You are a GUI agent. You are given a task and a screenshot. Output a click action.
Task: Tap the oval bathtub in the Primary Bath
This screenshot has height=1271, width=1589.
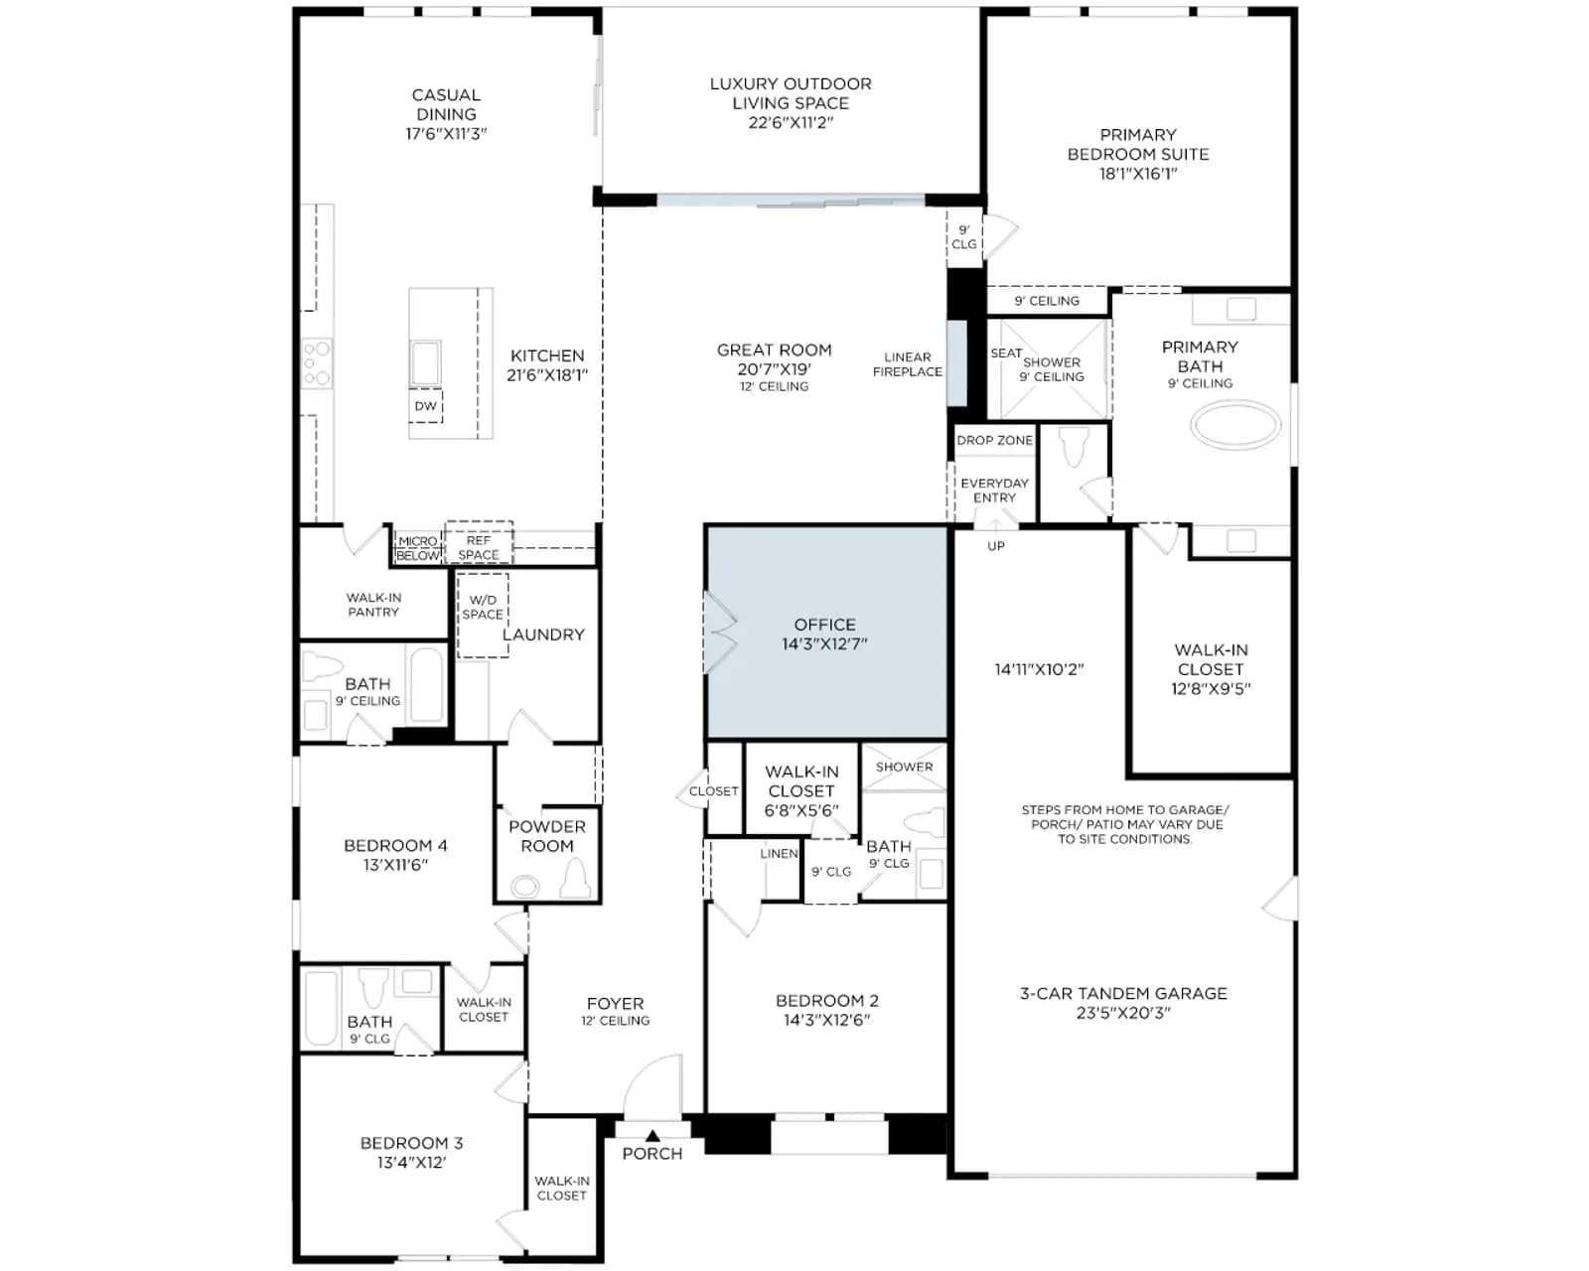(1235, 425)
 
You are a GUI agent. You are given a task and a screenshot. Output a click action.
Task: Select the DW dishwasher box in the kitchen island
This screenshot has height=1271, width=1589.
(425, 405)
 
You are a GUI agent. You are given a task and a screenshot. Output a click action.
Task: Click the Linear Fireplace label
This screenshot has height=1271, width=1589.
(908, 364)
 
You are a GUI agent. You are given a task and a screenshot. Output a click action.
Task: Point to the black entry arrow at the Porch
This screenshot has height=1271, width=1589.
(652, 1135)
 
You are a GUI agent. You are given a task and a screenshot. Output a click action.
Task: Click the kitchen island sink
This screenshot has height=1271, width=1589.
(425, 362)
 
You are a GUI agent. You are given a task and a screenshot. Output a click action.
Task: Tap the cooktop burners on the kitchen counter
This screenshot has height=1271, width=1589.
(317, 363)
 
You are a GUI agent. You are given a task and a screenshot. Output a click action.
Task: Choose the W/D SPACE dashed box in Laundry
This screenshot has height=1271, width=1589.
(483, 616)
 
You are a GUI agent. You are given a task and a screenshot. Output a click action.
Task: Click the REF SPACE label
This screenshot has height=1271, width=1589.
(479, 547)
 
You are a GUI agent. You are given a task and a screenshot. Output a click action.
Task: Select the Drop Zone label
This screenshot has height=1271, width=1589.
(994, 440)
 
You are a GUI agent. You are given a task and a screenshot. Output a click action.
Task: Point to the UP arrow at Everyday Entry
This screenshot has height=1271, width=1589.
(995, 525)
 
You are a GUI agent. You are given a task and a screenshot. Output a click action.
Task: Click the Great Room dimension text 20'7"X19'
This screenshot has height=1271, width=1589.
(775, 368)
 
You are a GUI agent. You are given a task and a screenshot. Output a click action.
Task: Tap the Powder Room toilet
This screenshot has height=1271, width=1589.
(576, 880)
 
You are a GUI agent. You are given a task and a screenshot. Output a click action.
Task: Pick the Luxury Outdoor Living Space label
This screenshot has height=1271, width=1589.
(791, 102)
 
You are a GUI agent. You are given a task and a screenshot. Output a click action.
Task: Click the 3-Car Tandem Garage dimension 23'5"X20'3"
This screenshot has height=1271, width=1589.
(1123, 1013)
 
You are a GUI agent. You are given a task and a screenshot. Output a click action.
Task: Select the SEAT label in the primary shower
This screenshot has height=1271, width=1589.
(1006, 353)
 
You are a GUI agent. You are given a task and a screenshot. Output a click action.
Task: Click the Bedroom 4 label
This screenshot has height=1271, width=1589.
(396, 845)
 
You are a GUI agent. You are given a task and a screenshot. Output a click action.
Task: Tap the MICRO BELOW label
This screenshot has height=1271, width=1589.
(418, 548)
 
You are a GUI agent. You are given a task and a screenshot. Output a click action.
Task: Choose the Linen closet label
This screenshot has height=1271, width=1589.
(779, 853)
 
